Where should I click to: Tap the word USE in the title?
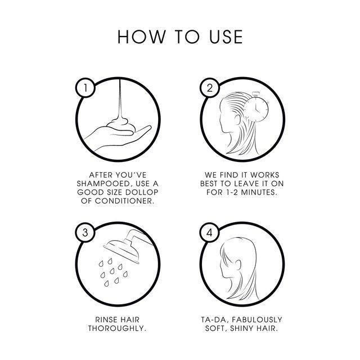pyautogui.click(x=226, y=37)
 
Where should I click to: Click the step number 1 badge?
pyautogui.click(x=85, y=88)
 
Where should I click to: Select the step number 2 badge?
pyautogui.click(x=210, y=88)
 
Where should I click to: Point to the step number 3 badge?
pyautogui.click(x=85, y=232)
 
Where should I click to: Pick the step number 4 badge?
pyautogui.click(x=209, y=233)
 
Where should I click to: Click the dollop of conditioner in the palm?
pyautogui.click(x=120, y=126)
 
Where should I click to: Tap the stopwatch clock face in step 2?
pyautogui.click(x=256, y=109)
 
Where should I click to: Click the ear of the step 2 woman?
pyautogui.click(x=237, y=119)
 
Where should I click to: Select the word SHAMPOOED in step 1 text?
pyautogui.click(x=103, y=184)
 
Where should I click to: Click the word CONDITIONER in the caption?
pyautogui.click(x=124, y=201)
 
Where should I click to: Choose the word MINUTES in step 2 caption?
pyautogui.click(x=259, y=192)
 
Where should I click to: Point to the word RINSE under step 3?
pyautogui.click(x=105, y=320)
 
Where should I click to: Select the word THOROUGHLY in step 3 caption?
pyautogui.click(x=117, y=328)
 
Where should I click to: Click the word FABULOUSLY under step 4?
pyautogui.click(x=257, y=320)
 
